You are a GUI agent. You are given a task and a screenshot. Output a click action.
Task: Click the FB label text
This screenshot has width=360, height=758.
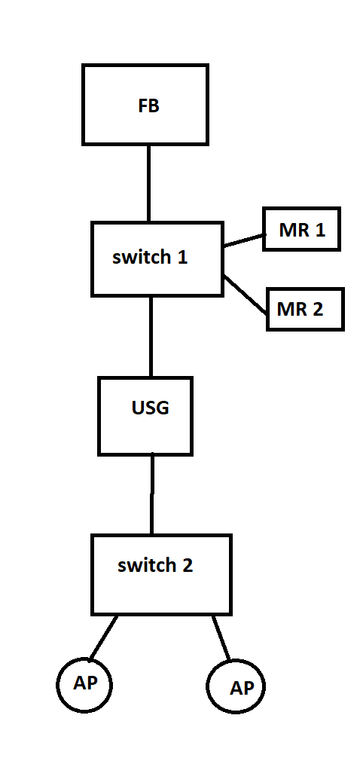coord(149,106)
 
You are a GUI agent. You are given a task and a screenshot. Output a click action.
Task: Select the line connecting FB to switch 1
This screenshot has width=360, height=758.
coord(149,183)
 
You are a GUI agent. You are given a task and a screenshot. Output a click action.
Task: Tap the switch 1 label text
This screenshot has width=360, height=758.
coord(150,257)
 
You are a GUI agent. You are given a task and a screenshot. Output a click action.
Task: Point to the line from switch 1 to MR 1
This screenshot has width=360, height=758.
coord(244,241)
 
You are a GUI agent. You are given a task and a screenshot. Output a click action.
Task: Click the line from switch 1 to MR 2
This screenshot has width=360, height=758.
coord(246,295)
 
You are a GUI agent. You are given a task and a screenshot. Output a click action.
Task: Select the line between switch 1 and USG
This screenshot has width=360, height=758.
coord(151,337)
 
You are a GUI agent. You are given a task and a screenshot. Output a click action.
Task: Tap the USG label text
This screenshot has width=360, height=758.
coord(151,408)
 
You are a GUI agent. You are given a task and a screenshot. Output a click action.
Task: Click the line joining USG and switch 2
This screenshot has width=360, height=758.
coord(152,494)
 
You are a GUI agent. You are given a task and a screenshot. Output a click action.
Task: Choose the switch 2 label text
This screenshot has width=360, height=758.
coord(155,564)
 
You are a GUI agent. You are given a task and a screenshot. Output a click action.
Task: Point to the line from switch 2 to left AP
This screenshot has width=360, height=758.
coord(103,638)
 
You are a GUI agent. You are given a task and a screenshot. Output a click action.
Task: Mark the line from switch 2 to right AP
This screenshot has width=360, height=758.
coord(221,638)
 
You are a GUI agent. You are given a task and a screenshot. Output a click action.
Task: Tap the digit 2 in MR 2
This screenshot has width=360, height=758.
coord(318,310)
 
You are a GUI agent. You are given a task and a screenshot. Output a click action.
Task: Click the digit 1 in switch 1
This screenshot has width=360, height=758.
coord(182,257)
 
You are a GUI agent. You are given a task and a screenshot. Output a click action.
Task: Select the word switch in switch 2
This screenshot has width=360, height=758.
coord(145,564)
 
